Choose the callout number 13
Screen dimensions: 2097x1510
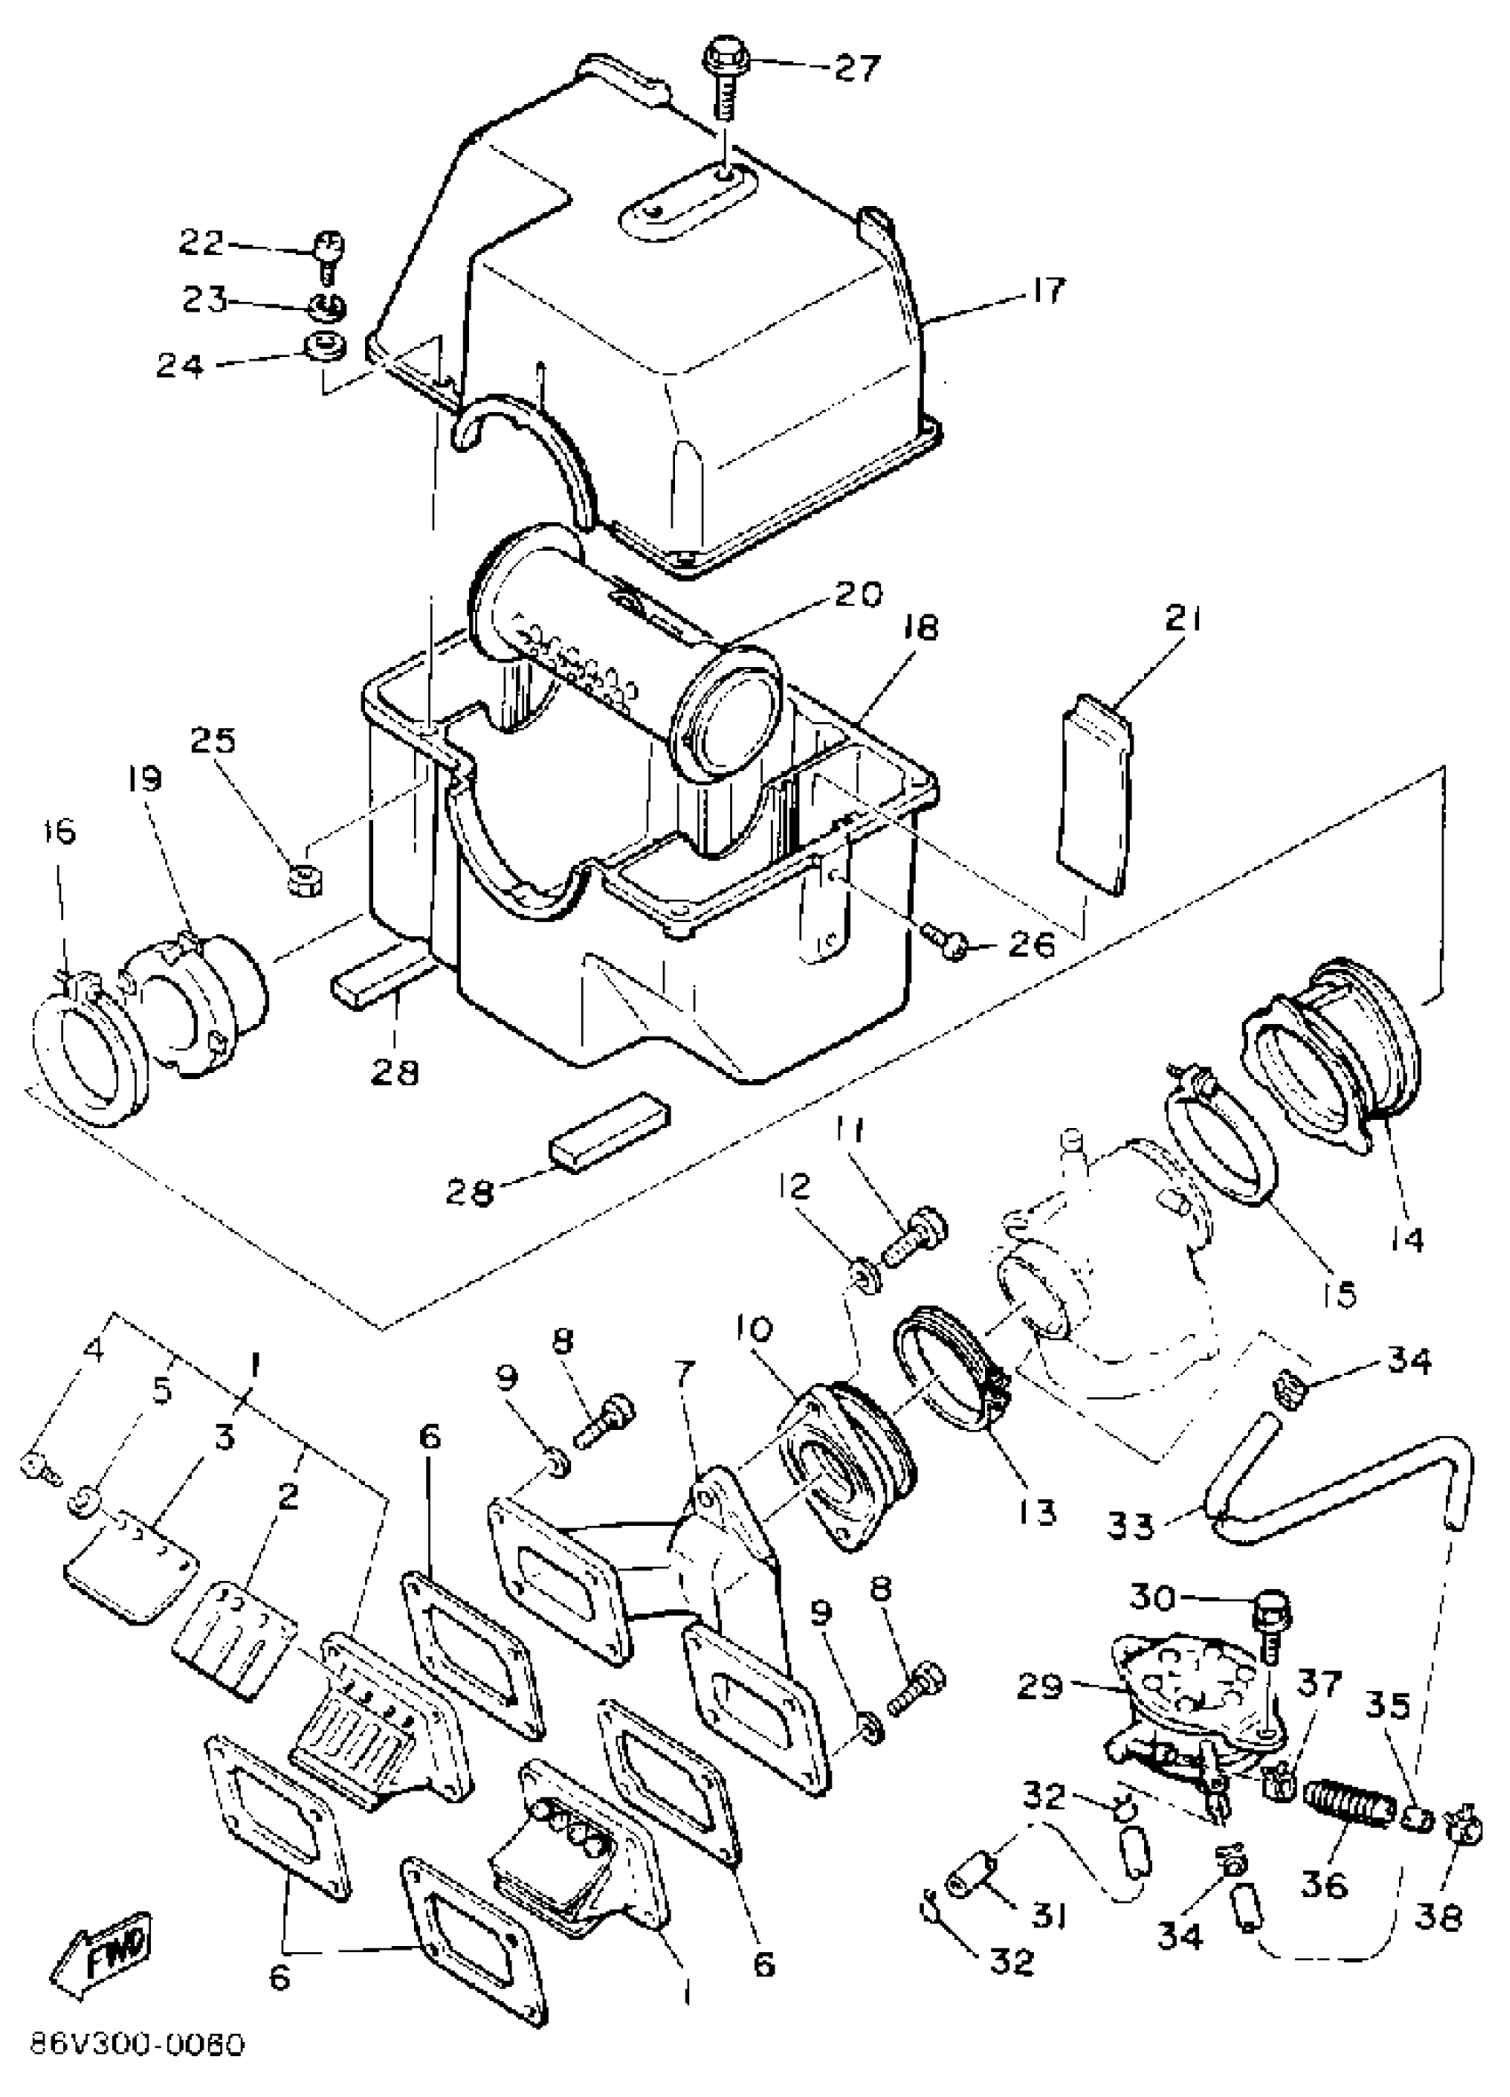tap(1036, 1512)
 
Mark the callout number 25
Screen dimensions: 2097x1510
tap(213, 740)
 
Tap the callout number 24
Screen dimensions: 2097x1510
tap(179, 366)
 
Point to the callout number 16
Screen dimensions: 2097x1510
tap(60, 830)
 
